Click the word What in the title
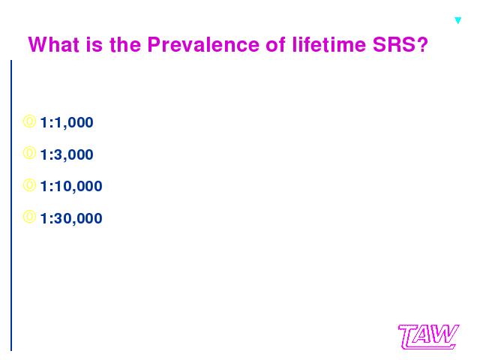pyautogui.click(x=54, y=44)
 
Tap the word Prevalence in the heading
pyautogui.click(x=203, y=44)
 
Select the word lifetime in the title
pyautogui.click(x=329, y=44)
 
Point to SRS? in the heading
pyautogui.click(x=400, y=44)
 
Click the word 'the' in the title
pyautogui.click(x=125, y=44)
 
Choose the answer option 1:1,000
pyautogui.click(x=67, y=122)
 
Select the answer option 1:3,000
pyautogui.click(x=67, y=154)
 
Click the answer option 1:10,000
pyautogui.click(x=71, y=186)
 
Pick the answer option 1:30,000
pyautogui.click(x=71, y=218)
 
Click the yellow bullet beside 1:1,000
pyautogui.click(x=25, y=121)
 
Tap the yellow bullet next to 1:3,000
pyautogui.click(x=25, y=153)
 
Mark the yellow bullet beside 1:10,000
pyautogui.click(x=25, y=185)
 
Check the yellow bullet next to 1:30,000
pyautogui.click(x=25, y=217)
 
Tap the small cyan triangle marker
pyautogui.click(x=458, y=20)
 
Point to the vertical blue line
pyautogui.click(x=11, y=205)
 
